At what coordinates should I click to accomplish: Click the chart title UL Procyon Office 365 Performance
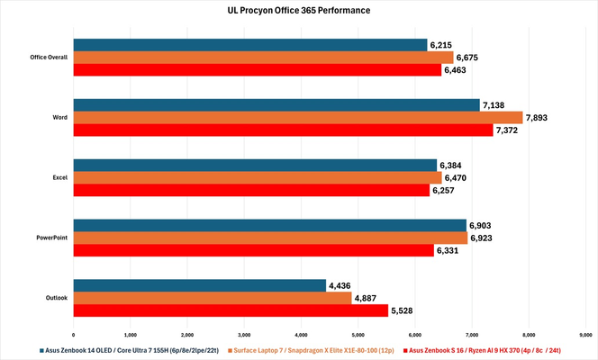(x=298, y=12)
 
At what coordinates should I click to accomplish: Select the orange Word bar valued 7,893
(x=297, y=117)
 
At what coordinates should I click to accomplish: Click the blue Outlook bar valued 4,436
(x=199, y=286)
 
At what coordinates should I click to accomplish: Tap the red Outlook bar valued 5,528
(x=231, y=310)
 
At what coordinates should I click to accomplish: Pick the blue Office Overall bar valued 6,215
(x=250, y=44)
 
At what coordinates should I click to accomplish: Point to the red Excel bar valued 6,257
(x=251, y=190)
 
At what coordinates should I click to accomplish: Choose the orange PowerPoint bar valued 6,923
(x=270, y=238)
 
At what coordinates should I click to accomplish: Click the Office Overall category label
(x=50, y=57)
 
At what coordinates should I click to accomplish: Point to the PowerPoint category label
(x=53, y=238)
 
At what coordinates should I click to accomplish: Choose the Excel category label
(x=60, y=177)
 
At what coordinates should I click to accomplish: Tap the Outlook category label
(x=58, y=298)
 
